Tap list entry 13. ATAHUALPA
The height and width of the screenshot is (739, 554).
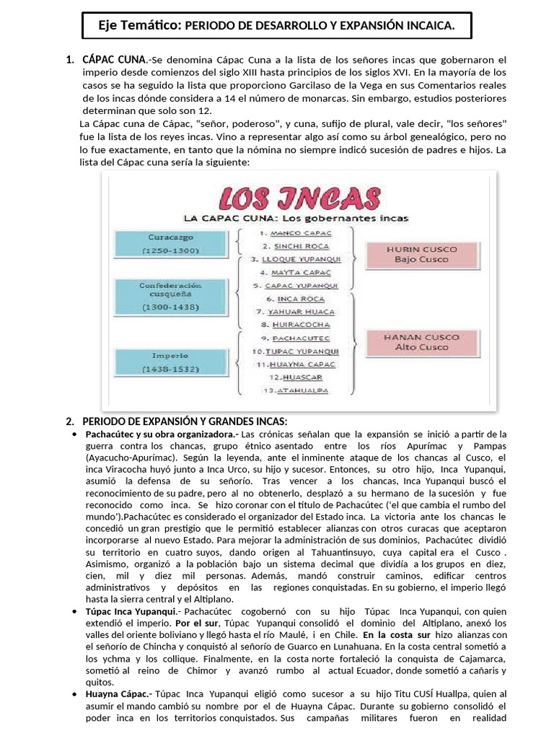tap(296, 390)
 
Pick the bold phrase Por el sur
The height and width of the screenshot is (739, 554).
tap(197, 623)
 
